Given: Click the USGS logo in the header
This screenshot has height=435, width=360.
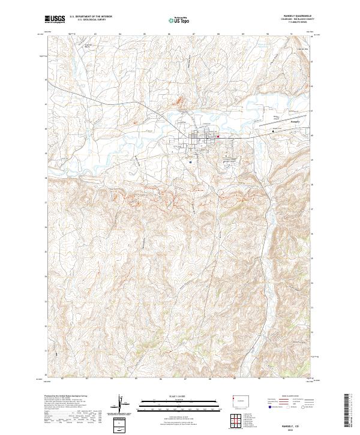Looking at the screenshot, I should click(55, 19).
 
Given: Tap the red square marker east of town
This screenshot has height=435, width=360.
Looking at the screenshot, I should click(219, 136).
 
